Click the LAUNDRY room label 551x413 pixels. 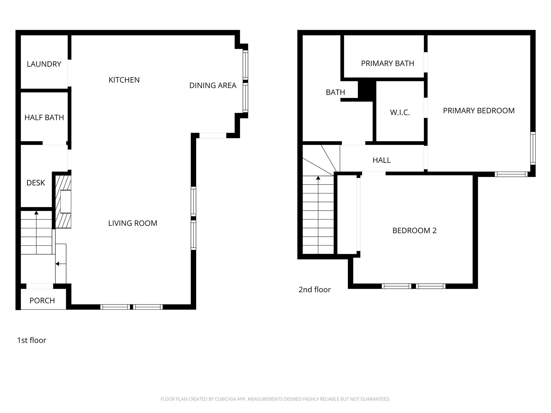coord(44,64)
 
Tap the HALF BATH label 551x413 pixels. coord(44,118)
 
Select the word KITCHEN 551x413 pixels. coord(124,80)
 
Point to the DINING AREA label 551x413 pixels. coord(213,86)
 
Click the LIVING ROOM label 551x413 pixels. coord(133,223)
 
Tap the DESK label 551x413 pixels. coord(36,183)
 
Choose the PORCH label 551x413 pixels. coord(42,301)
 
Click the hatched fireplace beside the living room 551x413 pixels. coord(63,202)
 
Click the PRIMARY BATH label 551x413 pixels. coord(387,63)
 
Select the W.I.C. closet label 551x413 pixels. coord(400,112)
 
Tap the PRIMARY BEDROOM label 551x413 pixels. coord(479,111)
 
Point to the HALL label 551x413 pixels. coord(382,160)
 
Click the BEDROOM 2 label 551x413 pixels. coord(414,230)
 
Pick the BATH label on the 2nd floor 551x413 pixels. coord(335,92)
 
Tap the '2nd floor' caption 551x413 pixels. coord(315,290)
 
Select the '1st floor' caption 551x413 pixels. coord(31,340)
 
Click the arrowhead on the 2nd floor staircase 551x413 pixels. coord(318,178)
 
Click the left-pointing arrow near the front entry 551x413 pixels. coord(57,264)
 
